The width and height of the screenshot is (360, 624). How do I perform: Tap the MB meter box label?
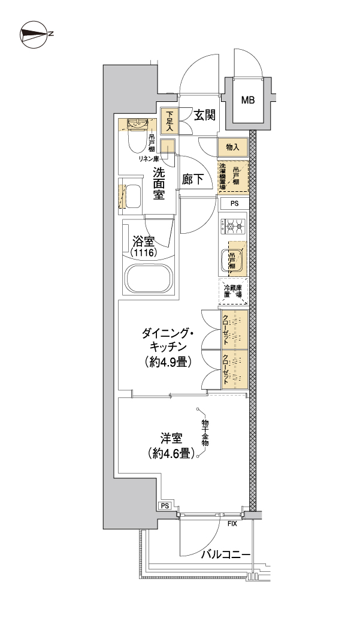(248, 100)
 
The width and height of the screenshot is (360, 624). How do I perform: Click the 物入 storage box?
(232, 147)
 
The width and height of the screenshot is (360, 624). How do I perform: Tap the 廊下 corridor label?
(192, 177)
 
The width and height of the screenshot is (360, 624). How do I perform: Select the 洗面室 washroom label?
(159, 183)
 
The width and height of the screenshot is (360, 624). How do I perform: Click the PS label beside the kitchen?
(234, 203)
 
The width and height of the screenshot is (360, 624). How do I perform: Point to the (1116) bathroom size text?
(144, 254)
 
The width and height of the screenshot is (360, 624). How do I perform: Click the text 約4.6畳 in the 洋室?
(171, 454)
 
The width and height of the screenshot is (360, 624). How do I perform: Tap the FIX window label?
(232, 523)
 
